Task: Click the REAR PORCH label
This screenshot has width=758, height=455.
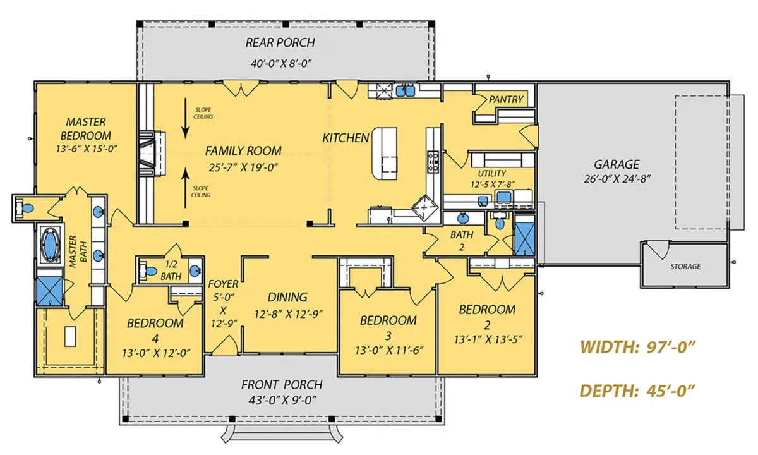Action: pos(280,43)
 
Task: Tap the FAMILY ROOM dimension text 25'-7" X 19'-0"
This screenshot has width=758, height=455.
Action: pos(243,167)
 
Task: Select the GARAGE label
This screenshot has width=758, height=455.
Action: pos(617,164)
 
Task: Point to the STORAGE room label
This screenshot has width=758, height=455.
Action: pos(685,267)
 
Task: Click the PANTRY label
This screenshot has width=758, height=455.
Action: pos(506,100)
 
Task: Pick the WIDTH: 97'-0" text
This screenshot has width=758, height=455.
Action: pos(637,347)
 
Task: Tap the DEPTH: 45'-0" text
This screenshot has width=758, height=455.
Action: pos(637,391)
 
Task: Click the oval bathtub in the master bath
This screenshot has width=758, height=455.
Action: pos(51,245)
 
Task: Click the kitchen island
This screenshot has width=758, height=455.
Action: pos(385,154)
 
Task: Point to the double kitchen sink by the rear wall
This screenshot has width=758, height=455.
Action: pos(406,90)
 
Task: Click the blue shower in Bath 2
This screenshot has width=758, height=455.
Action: pos(524,235)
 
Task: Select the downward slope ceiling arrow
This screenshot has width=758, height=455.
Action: pos(185,119)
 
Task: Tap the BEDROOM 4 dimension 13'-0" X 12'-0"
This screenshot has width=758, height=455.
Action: pos(156,353)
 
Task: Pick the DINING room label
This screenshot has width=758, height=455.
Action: pos(287,297)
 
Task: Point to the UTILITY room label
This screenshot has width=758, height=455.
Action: pos(492,174)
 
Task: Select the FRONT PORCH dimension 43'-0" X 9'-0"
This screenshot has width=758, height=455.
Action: pos(282,401)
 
